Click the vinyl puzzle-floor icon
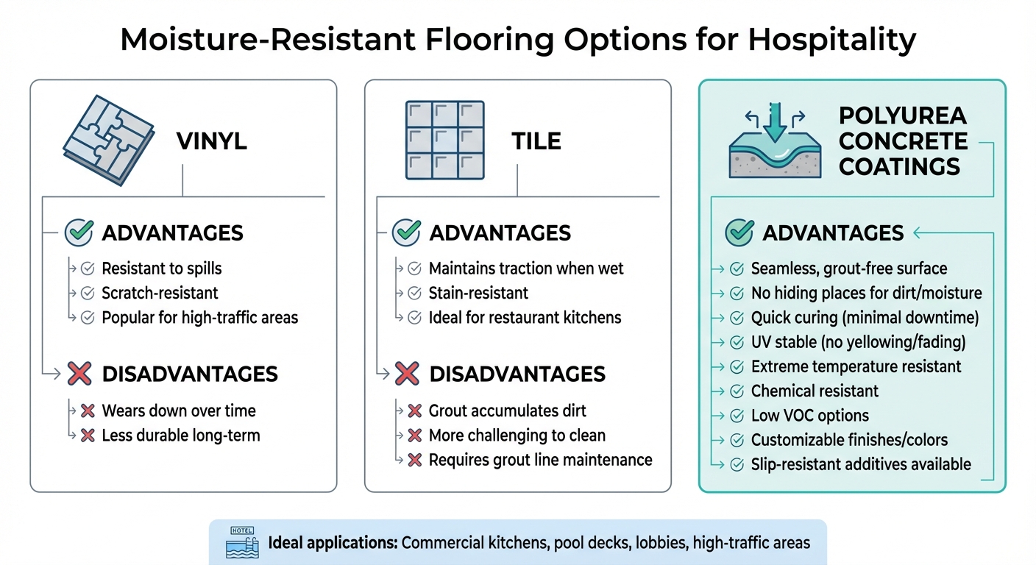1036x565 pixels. point(108,139)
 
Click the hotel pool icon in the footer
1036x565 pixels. point(241,544)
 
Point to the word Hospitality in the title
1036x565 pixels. point(831,39)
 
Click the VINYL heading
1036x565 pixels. point(212,141)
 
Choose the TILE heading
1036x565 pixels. point(536,141)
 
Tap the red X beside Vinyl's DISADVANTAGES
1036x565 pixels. point(79,374)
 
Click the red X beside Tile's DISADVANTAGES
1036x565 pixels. point(406,374)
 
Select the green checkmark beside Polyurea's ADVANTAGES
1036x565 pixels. point(739,233)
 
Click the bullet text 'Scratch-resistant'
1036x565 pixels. point(160,293)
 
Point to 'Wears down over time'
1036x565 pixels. point(179,411)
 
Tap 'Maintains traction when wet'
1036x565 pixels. point(526,269)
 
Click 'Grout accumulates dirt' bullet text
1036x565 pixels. point(508,411)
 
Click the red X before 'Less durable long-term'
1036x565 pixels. point(88,436)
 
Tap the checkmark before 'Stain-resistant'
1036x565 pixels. point(415,294)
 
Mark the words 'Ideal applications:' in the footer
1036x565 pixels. point(333,544)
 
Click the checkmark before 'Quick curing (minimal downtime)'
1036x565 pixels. point(737,319)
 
